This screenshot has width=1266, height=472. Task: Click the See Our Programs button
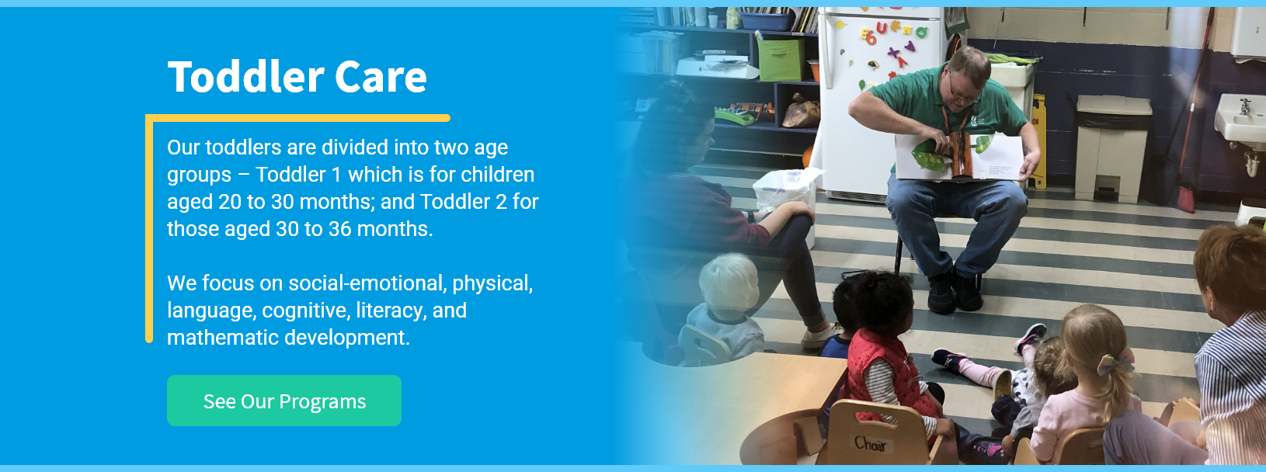284,401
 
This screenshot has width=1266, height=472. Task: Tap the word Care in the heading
381,78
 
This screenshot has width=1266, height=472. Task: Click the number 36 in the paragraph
339,229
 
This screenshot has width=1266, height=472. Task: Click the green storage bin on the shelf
781,60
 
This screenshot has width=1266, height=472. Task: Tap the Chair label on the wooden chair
870,444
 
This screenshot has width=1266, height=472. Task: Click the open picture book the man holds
960,157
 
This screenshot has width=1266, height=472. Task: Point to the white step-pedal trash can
1112,148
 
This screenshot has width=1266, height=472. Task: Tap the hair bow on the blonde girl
1115,363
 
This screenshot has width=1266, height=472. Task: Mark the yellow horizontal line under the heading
297,118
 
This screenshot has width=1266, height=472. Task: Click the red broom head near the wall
1185,198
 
